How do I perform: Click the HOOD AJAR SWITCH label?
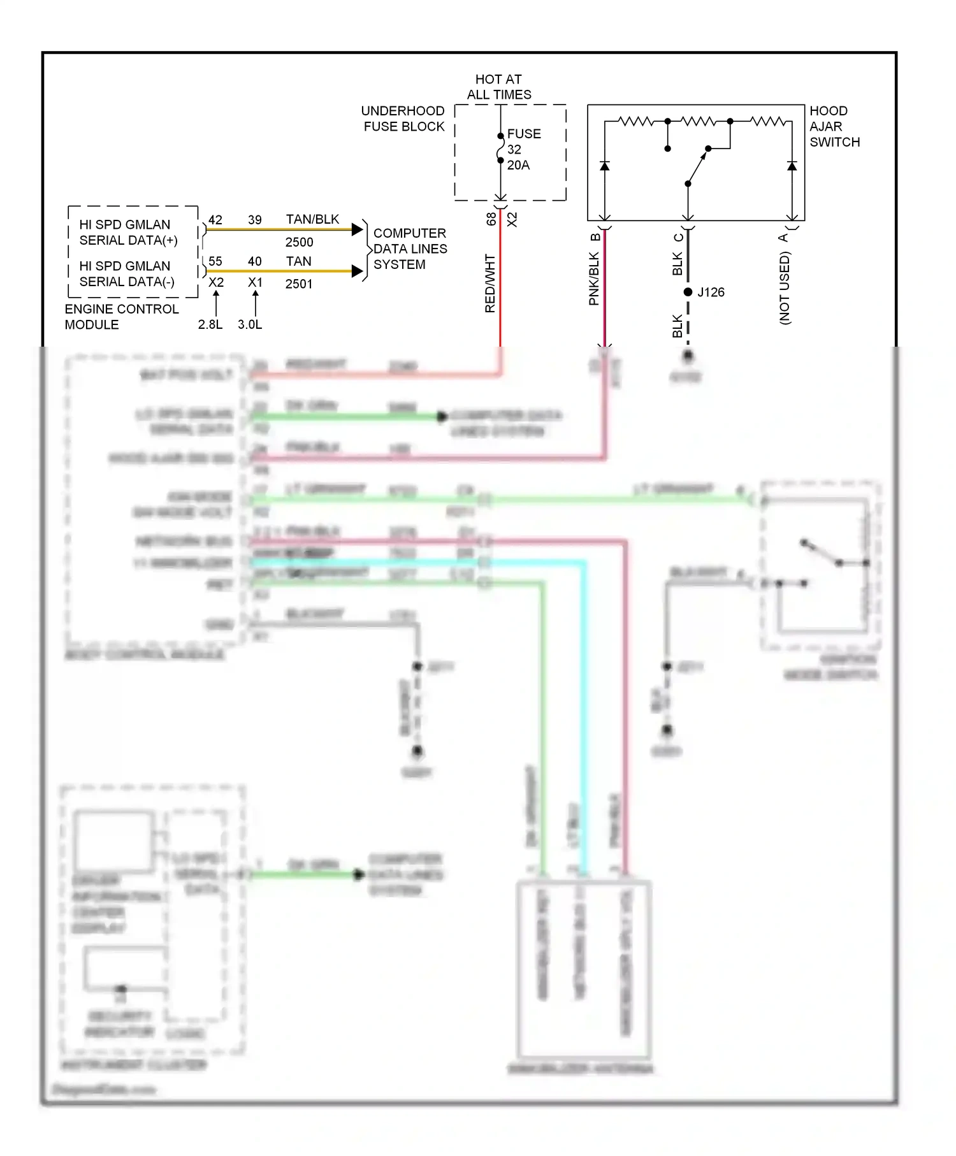tap(834, 126)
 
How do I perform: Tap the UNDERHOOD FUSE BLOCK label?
tap(403, 119)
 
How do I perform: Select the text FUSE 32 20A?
tap(523, 149)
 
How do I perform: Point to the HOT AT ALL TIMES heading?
tap(498, 87)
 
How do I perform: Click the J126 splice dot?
tap(688, 292)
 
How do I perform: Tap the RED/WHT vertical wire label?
tap(489, 284)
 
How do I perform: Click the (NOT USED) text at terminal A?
tap(785, 288)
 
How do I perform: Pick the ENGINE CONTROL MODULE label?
tap(121, 317)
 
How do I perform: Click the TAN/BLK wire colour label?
tap(312, 219)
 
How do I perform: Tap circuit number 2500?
tap(299, 242)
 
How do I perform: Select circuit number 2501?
tap(299, 284)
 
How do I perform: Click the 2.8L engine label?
tap(210, 324)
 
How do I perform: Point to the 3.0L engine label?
tap(250, 324)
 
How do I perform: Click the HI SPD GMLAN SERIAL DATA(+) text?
tap(127, 233)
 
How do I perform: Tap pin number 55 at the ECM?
tap(215, 261)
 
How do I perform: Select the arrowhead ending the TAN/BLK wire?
tap(358, 229)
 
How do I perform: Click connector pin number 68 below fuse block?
tap(491, 219)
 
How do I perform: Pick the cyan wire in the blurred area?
tap(583, 701)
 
